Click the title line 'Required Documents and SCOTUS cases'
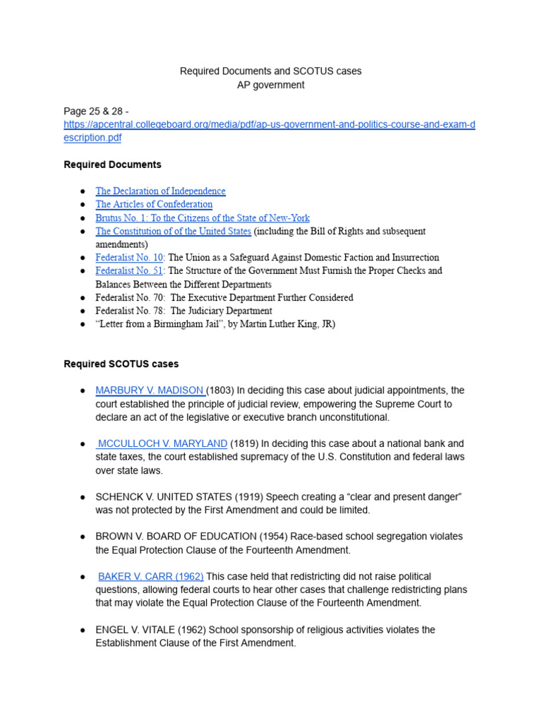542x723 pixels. pos(270,71)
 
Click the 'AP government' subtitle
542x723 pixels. pos(270,85)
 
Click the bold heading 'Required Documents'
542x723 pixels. pos(112,165)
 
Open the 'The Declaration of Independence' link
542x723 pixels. pos(160,191)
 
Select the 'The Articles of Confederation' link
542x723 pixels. pos(154,205)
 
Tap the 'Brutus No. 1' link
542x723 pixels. pos(202,218)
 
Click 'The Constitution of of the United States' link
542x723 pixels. pos(173,232)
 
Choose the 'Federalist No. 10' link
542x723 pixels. pos(129,258)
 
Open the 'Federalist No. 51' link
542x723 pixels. pos(129,271)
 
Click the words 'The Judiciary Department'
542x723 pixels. pos(221,311)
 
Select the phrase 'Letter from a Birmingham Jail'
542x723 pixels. pos(167,325)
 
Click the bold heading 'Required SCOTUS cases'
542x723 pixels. pos(121,364)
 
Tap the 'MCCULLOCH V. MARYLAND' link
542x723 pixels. pos(162,444)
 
